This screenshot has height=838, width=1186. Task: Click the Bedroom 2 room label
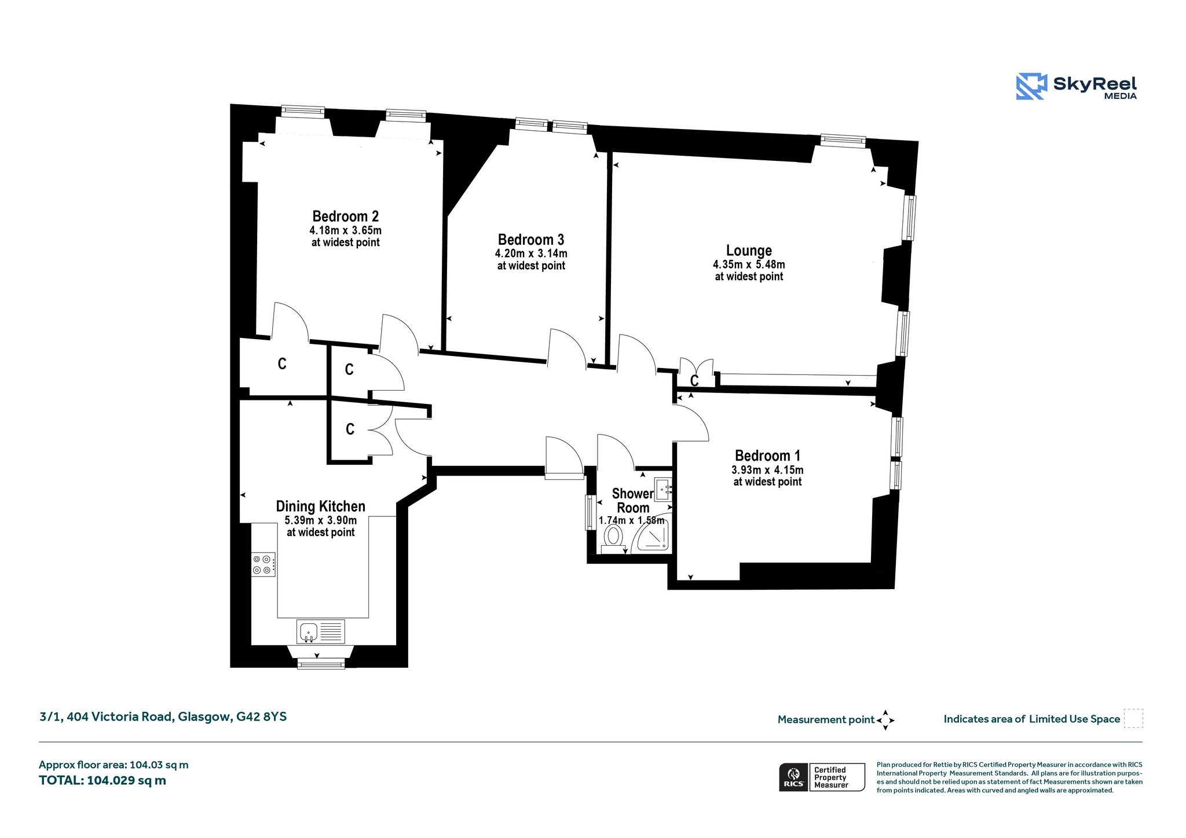point(345,216)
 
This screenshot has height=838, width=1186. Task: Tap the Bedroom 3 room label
point(531,240)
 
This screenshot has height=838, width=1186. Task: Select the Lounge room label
point(749,251)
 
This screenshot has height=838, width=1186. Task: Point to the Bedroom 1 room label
point(767,456)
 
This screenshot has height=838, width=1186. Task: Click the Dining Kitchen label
point(320,506)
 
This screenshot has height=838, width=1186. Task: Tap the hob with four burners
point(263,564)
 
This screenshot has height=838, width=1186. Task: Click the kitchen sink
point(321,631)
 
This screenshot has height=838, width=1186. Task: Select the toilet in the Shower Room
point(613,538)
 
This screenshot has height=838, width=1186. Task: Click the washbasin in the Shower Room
point(663,488)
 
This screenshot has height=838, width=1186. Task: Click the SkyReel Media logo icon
point(1031,86)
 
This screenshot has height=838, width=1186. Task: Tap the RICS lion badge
point(793,777)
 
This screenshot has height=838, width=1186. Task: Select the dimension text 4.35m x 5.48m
point(749,264)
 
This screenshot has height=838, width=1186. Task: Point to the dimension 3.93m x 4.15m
point(767,470)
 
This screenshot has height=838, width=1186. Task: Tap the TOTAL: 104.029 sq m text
point(103,780)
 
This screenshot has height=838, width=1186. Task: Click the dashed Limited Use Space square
point(1133,718)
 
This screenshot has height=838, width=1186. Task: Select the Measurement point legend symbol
point(885,720)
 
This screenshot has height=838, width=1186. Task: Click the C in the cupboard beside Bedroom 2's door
point(282,363)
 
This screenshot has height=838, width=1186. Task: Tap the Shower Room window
point(590,512)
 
